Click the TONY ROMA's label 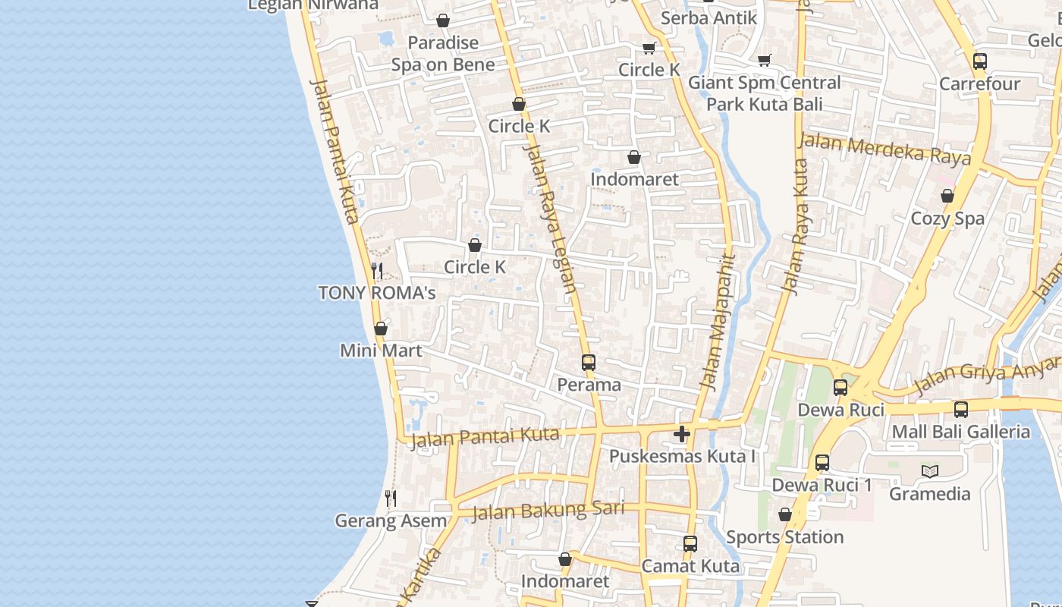[x=376, y=293]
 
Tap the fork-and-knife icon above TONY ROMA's [x=376, y=270]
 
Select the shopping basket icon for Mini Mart [x=381, y=329]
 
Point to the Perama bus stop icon [x=589, y=363]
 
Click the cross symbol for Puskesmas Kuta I [x=682, y=434]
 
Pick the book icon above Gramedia [x=930, y=471]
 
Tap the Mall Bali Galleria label [x=960, y=432]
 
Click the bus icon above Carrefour [x=980, y=61]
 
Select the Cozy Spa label [x=947, y=219]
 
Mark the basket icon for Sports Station [x=785, y=515]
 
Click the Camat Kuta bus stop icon [x=690, y=544]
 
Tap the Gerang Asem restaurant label [x=391, y=521]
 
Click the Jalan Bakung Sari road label [x=548, y=511]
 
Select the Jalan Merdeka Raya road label [x=884, y=149]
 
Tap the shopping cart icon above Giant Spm [x=765, y=60]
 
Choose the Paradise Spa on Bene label [x=443, y=54]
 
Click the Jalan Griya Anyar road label [x=986, y=378]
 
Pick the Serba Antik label [x=709, y=17]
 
